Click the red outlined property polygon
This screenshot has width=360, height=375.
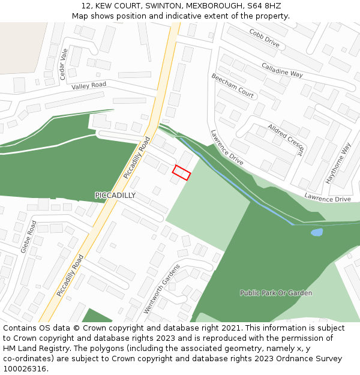click(x=181, y=173)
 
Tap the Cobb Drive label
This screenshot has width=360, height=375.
click(x=265, y=38)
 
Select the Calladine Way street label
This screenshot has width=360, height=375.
click(x=282, y=70)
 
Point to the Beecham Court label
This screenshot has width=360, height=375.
click(x=233, y=86)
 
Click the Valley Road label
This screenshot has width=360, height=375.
click(x=89, y=86)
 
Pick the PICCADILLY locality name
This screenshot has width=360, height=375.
click(x=115, y=196)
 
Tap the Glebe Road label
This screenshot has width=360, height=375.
click(x=29, y=236)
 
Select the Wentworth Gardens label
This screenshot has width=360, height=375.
click(x=161, y=289)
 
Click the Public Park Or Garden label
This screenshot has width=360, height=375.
click(x=276, y=293)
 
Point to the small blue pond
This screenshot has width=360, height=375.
click(x=316, y=232)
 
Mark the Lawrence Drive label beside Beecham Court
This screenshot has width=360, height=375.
click(x=227, y=147)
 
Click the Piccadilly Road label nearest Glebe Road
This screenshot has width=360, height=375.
click(x=70, y=275)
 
